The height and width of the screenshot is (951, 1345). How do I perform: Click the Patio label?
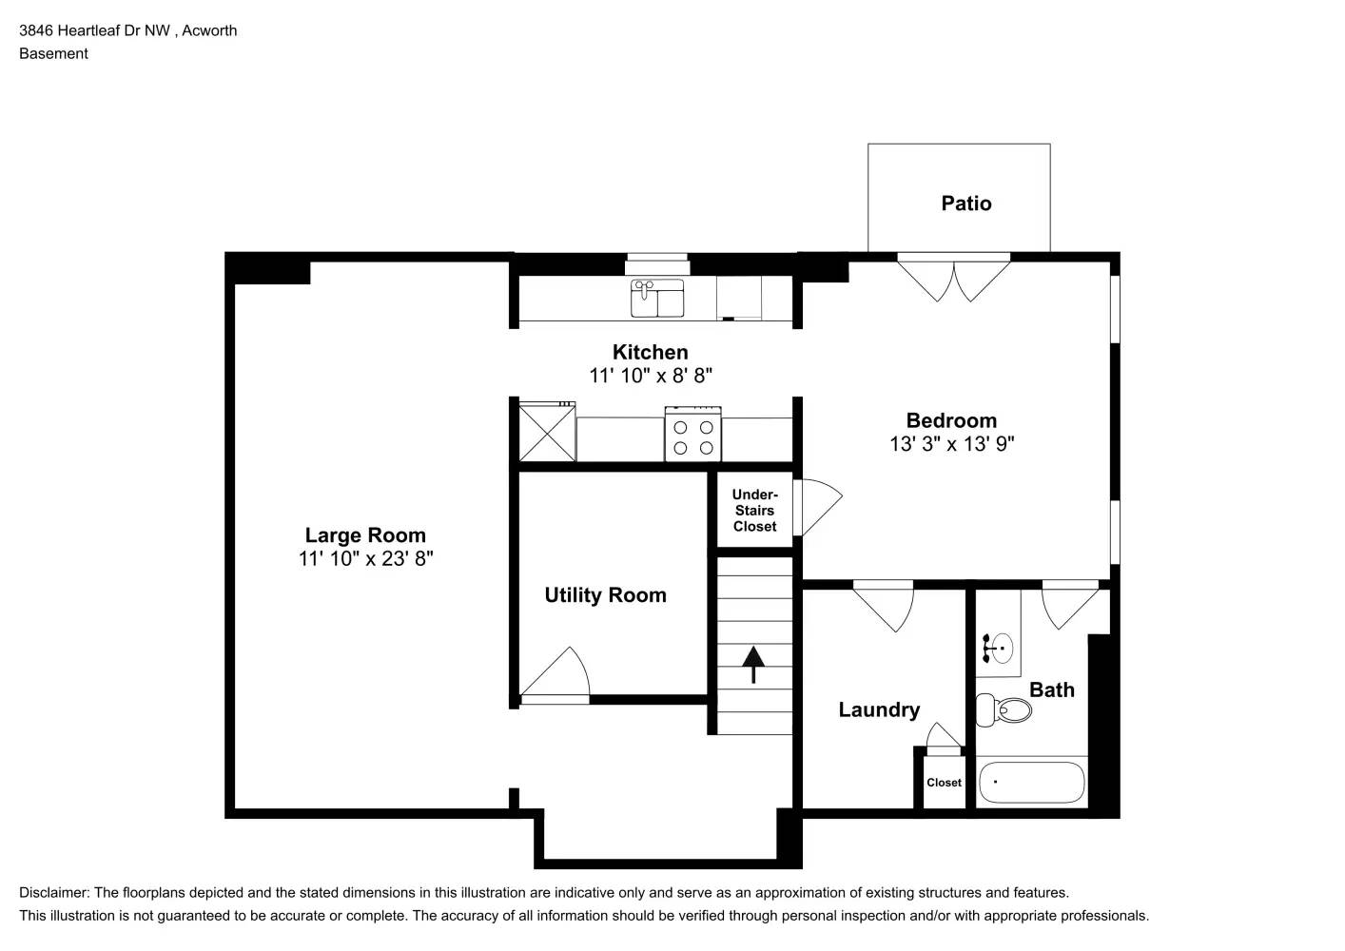[x=966, y=204]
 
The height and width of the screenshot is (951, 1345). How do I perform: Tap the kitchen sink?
[x=657, y=298]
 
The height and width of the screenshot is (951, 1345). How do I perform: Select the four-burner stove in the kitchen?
[x=692, y=435]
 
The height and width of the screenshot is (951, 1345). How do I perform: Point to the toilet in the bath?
[x=1004, y=709]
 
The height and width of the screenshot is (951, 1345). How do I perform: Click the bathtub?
[x=1031, y=783]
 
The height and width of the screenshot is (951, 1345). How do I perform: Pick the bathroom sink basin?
[x=1002, y=649]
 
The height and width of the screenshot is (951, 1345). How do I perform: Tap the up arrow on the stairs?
[x=753, y=665]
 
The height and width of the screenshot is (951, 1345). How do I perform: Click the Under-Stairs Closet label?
[x=754, y=511]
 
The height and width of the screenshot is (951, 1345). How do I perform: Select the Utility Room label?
[x=605, y=595]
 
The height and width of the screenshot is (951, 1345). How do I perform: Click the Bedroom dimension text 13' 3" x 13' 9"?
[x=952, y=444]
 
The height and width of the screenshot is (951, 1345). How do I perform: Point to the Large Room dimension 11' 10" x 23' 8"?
[x=365, y=558]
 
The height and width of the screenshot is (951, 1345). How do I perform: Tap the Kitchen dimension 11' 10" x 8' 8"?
[x=651, y=376]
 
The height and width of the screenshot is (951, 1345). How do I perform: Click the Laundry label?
[x=879, y=709]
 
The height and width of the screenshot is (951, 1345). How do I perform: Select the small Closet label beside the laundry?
[x=944, y=783]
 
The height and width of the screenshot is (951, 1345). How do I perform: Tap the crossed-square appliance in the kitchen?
[x=547, y=432]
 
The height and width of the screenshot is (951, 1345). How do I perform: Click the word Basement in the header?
[x=53, y=53]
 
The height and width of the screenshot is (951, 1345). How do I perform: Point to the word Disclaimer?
[x=54, y=892]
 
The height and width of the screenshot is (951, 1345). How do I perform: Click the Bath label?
[x=1052, y=689]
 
